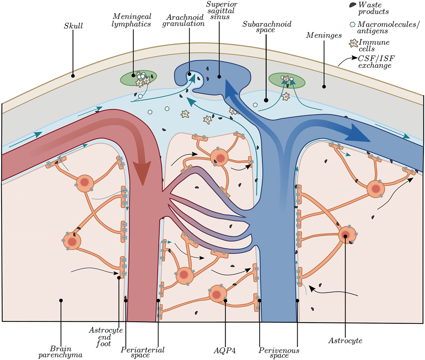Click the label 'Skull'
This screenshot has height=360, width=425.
click(73, 26)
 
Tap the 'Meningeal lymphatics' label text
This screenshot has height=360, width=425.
click(132, 20)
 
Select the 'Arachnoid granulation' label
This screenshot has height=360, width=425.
click(183, 20)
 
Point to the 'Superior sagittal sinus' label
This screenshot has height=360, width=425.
click(222, 10)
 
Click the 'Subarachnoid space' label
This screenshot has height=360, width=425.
click(267, 27)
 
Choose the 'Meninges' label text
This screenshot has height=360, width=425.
click(324, 35)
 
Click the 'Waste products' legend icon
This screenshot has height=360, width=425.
click(353, 5)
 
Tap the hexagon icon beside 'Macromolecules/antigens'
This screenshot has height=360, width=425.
click(353, 24)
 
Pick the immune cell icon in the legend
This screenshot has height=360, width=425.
click(354, 43)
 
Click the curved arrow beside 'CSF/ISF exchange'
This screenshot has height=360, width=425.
click(347, 60)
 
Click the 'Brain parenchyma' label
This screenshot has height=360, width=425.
click(61, 352)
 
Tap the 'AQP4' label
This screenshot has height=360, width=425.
click(225, 351)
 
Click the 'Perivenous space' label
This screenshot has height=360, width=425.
click(279, 352)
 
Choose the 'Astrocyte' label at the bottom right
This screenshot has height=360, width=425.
click(345, 341)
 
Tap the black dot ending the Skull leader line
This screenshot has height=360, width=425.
click(73, 76)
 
